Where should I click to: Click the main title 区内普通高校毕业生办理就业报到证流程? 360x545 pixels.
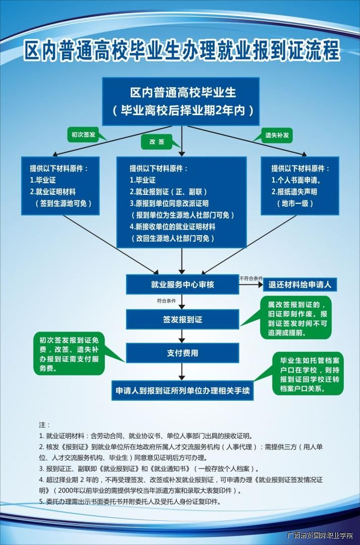181,51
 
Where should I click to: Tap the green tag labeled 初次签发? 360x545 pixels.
83,135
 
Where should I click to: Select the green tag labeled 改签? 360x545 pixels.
157,142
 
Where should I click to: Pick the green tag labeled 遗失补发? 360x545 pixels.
277,135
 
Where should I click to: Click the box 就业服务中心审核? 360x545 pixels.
182,285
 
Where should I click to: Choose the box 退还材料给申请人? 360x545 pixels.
300,285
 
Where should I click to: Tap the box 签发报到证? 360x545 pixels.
182,319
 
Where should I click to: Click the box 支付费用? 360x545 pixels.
182,353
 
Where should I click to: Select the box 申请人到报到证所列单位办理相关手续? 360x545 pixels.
182,390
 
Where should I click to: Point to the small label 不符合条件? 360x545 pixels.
251,278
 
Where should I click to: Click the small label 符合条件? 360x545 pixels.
166,301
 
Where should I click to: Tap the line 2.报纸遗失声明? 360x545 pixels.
294,192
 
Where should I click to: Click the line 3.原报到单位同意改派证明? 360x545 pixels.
169,203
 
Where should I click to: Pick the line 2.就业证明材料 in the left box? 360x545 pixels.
53,192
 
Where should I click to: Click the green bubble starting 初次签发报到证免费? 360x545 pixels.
69,354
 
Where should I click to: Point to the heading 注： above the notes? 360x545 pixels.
44,425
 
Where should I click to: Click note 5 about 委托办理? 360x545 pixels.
130,502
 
